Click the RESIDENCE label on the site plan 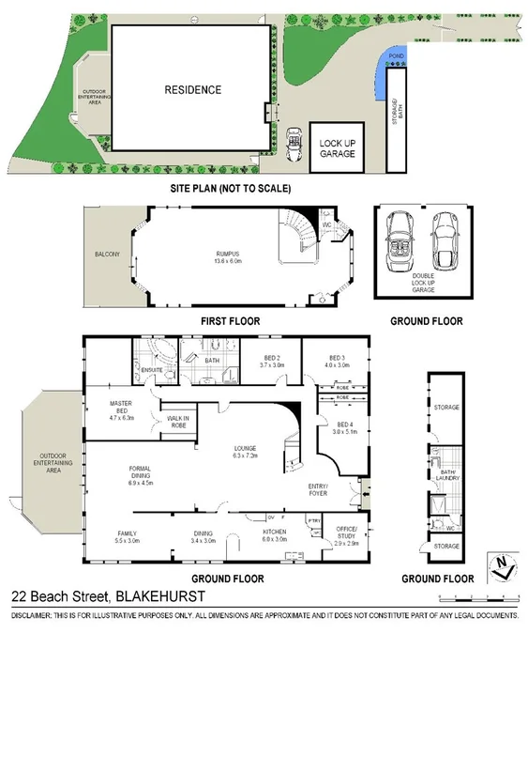(193, 90)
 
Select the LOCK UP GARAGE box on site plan (337, 147)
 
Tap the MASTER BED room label (122, 409)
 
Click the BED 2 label (271, 362)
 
